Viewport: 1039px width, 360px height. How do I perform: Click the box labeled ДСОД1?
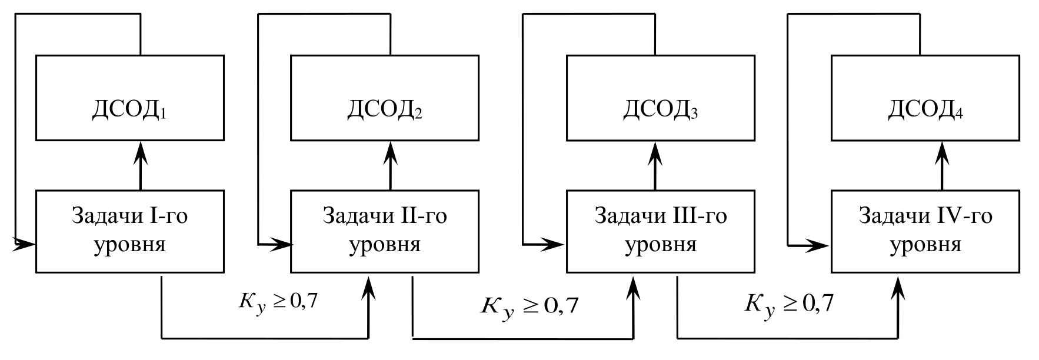129,98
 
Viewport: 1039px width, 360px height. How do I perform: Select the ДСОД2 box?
384,98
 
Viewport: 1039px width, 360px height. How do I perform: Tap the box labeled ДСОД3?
660,98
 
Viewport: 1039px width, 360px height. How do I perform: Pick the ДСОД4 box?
925,98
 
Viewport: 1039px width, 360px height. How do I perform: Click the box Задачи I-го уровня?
129,231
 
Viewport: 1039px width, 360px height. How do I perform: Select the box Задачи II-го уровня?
384,231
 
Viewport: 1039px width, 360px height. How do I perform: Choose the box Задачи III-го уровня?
660,231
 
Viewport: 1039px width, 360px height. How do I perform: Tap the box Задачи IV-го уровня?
925,231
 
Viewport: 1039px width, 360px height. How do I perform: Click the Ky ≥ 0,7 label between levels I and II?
276,303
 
